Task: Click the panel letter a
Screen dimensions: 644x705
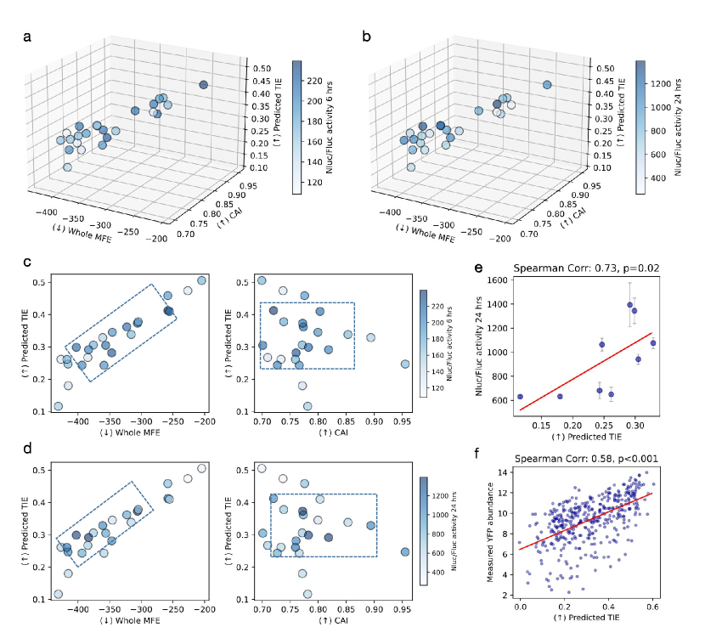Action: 28,36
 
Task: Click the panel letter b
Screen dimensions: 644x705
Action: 366,36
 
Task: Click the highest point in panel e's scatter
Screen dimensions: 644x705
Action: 629,304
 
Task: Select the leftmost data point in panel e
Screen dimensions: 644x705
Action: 520,397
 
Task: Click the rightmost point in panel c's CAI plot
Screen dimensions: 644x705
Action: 405,364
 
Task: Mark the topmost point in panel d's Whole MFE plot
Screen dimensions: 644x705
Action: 201,468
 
